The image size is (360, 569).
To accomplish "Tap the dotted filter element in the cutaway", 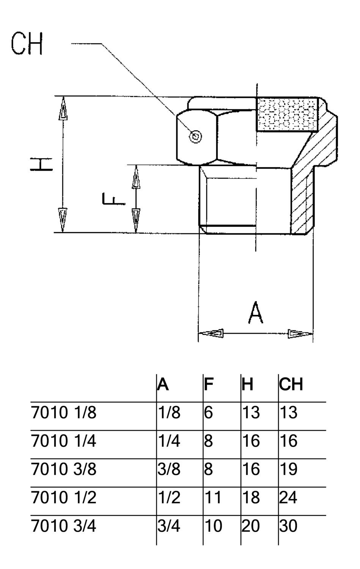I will tap(287, 114).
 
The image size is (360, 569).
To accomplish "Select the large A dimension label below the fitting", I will tap(256, 313).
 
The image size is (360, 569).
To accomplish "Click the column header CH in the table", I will tap(291, 384).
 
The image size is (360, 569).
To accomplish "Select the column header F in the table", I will tap(209, 384).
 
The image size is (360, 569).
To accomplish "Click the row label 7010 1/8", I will tap(64, 413).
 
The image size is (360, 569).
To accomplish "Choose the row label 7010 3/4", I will tap(64, 526).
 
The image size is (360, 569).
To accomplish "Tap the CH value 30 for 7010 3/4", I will tap(288, 526).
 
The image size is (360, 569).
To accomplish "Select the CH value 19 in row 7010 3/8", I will tap(288, 469).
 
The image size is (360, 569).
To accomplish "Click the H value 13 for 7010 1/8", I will tap(251, 413).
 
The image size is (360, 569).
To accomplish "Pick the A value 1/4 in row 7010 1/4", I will tap(169, 441).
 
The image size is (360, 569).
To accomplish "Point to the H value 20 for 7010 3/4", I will tap(251, 526).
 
